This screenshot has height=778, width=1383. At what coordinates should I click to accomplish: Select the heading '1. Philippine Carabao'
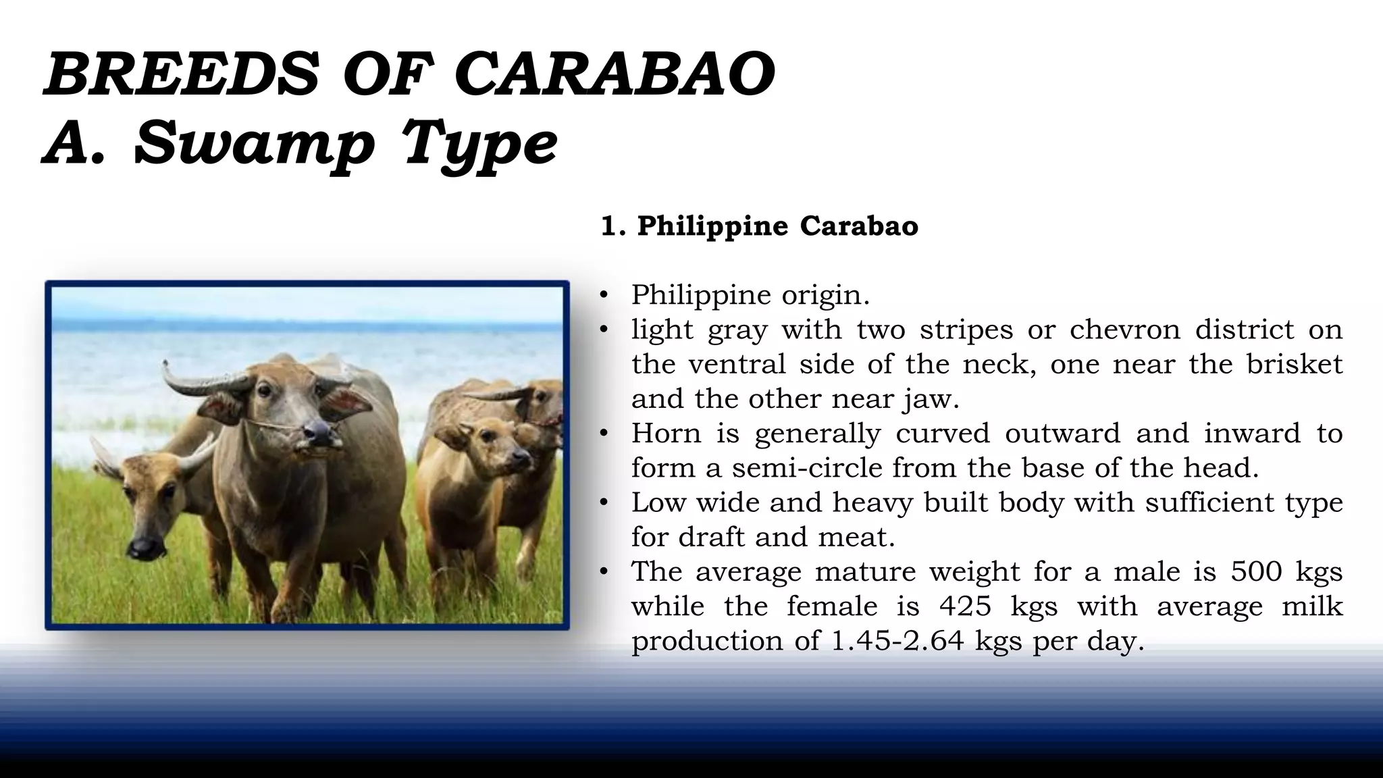click(759, 226)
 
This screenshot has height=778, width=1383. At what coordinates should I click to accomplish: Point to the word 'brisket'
click(1294, 364)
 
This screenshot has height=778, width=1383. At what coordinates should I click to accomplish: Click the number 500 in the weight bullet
click(1255, 571)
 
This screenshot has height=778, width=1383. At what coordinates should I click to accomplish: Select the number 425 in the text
click(965, 606)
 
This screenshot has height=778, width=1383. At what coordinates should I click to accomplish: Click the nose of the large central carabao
click(318, 432)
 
